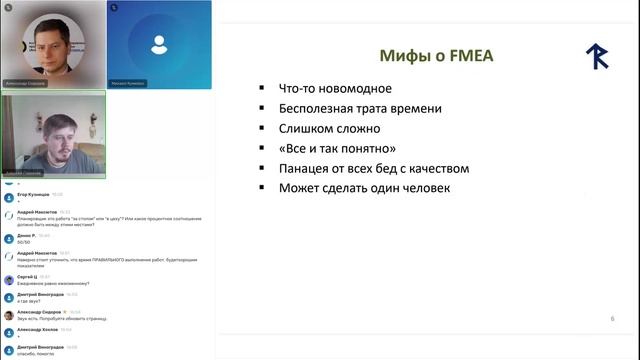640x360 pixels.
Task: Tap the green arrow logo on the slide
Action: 598,57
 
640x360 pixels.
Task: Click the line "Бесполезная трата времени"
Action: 360,108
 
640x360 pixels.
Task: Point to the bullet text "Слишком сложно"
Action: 329,128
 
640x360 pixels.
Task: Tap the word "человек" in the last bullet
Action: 424,188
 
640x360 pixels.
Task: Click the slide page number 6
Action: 612,319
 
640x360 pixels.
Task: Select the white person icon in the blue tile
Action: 159,44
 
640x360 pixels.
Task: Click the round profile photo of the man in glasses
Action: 51,42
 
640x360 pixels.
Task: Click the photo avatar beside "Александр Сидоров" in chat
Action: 9,314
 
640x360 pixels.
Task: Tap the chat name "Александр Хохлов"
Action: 37,329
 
